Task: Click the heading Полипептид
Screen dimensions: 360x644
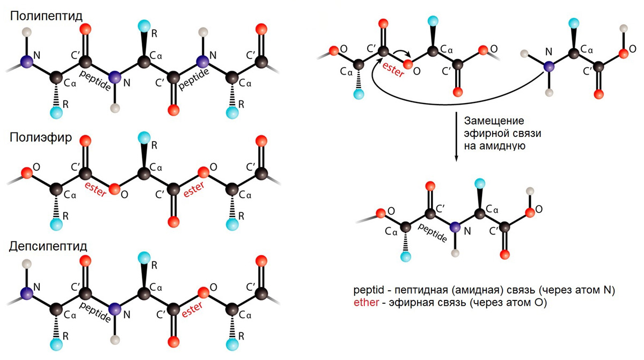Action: [47, 16]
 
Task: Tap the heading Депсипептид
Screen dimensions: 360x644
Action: [49, 246]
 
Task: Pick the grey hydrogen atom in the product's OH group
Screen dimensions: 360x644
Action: [531, 190]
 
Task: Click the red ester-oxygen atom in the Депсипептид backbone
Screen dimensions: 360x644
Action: [202, 293]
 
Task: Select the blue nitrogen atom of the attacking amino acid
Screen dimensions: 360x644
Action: [549, 67]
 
